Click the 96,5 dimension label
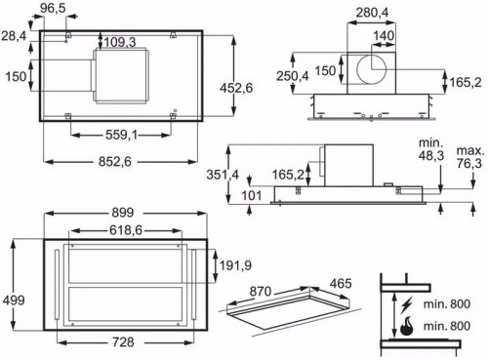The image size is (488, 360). coord(53,9)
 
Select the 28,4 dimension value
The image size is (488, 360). coord(14,36)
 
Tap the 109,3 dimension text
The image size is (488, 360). coord(119,42)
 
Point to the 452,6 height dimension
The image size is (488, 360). coord(236,88)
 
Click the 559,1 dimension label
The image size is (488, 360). coord(121,135)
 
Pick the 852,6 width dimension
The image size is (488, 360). coord(115,162)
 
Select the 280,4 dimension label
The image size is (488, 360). coord(372,13)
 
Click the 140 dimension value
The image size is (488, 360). coord(384,36)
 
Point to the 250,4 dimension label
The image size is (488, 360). coord(293,76)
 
